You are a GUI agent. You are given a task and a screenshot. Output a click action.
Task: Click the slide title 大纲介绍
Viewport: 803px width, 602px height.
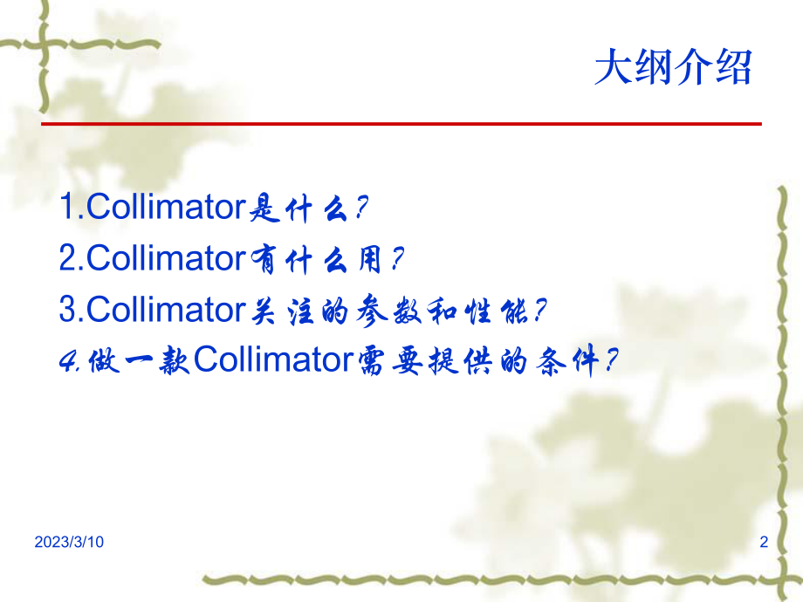pyautogui.click(x=672, y=68)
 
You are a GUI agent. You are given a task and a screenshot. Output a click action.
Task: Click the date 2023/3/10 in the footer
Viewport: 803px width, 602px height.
pyautogui.click(x=69, y=543)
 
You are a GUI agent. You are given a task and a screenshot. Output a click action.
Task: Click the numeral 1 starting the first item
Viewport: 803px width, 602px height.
pyautogui.click(x=67, y=208)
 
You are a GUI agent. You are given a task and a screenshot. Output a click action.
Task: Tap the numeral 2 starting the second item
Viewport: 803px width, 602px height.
pyautogui.click(x=68, y=258)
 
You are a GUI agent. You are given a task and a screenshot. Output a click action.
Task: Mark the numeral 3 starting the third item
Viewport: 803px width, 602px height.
pyautogui.click(x=68, y=309)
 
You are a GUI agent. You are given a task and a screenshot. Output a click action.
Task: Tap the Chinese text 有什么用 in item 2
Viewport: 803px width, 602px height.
pyautogui.click(x=316, y=259)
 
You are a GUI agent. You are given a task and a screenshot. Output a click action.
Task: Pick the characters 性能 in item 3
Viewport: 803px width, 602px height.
pyautogui.click(x=505, y=310)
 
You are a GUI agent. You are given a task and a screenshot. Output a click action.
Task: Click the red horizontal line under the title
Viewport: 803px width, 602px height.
pyautogui.click(x=401, y=124)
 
